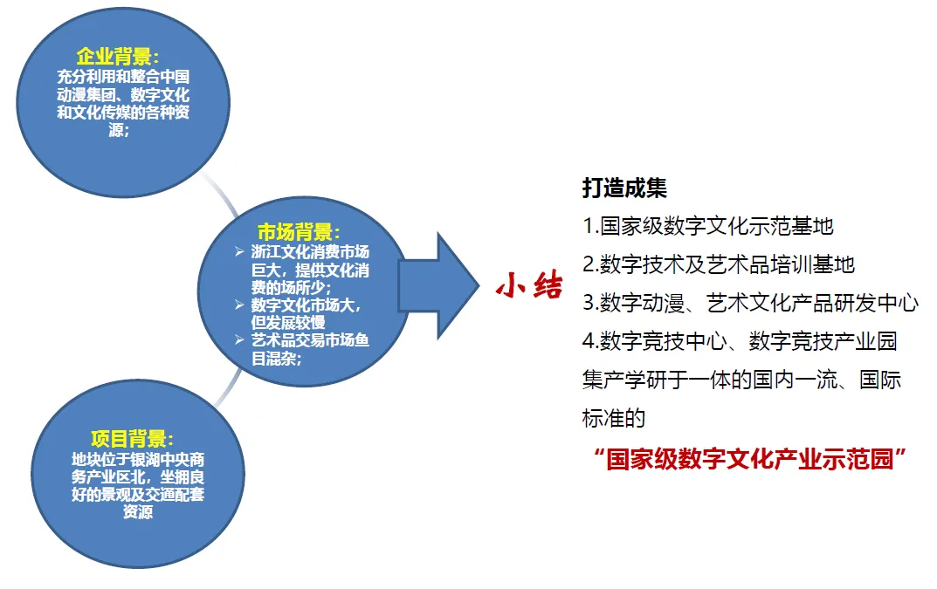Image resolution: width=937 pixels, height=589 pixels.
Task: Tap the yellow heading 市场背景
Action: tap(299, 232)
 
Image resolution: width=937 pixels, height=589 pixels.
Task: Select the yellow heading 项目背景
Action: tap(132, 439)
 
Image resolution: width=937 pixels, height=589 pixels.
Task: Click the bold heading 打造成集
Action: tap(624, 188)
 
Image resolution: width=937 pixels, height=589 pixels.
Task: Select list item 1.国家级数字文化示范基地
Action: tap(708, 226)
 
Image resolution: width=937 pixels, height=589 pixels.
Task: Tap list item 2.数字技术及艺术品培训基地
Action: tap(719, 264)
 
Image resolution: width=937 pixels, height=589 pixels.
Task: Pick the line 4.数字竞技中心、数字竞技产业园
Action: tap(740, 341)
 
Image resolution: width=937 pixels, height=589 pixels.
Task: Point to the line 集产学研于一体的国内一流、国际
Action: tap(742, 380)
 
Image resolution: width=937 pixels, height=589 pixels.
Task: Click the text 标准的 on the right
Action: tap(613, 419)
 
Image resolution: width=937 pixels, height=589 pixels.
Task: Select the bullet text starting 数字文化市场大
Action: tap(307, 313)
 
